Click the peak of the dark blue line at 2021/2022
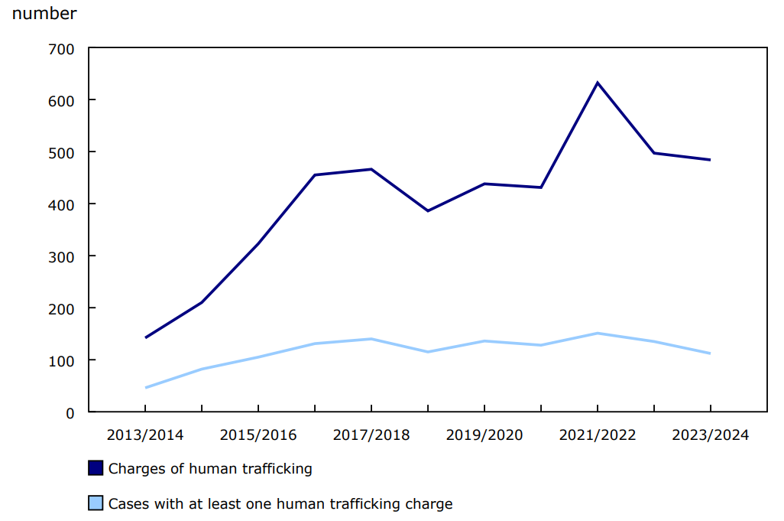tap(597, 83)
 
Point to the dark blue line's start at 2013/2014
tap(145, 337)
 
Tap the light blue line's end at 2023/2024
tap(710, 353)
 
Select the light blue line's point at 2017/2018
tap(371, 339)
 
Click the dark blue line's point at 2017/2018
tap(371, 169)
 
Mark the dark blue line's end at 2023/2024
tap(710, 160)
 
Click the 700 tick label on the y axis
tap(60, 49)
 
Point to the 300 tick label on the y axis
tap(60, 256)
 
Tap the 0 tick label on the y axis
tap(70, 412)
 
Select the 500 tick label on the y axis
tap(60, 152)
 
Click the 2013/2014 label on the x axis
tap(145, 435)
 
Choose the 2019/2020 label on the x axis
tap(484, 435)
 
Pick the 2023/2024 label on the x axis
tap(710, 435)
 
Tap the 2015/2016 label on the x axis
tap(258, 435)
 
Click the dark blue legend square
tap(96, 468)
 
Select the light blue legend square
tap(96, 503)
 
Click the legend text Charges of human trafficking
tap(210, 469)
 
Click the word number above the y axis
tap(44, 14)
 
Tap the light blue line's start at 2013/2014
tap(145, 388)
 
